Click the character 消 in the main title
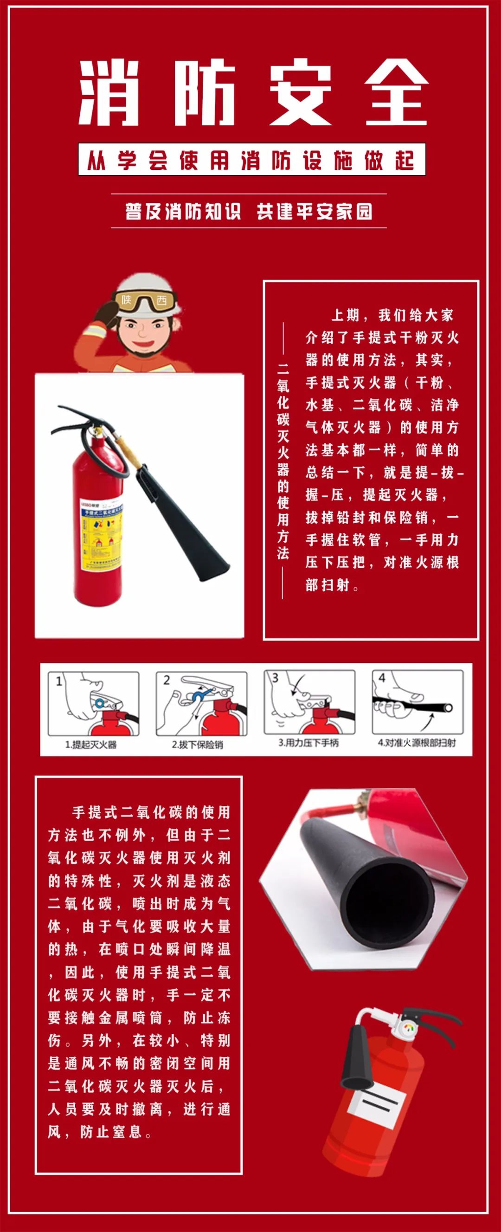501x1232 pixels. [109, 93]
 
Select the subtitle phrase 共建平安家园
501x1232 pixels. [315, 211]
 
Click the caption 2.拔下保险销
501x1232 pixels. [198, 745]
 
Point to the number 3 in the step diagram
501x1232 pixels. [275, 678]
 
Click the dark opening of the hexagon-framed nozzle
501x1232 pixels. [390, 894]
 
